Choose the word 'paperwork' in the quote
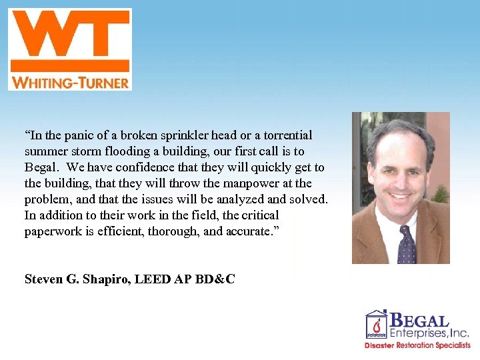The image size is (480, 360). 51,231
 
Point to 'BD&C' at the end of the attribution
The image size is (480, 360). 215,279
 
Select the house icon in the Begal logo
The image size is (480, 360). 376,325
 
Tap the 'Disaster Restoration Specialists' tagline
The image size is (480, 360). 417,345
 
